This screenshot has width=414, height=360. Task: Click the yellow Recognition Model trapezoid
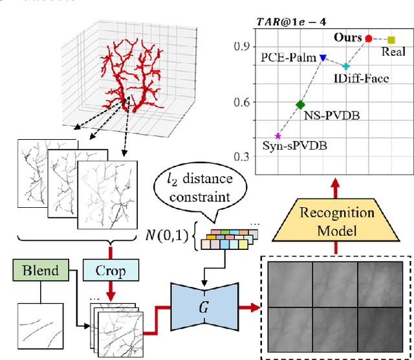pos(336,221)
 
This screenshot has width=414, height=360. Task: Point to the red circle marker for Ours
pos(369,39)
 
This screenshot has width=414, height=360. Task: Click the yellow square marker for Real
pos(391,40)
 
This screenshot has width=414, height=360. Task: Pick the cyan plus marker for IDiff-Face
pos(346,66)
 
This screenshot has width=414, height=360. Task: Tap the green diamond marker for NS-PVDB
pos(300,104)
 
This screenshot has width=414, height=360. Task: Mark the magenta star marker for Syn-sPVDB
pos(278,136)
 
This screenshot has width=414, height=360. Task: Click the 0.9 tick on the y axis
pos(241,47)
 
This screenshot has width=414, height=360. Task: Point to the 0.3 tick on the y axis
pos(241,157)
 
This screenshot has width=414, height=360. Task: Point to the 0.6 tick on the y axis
pos(241,102)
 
